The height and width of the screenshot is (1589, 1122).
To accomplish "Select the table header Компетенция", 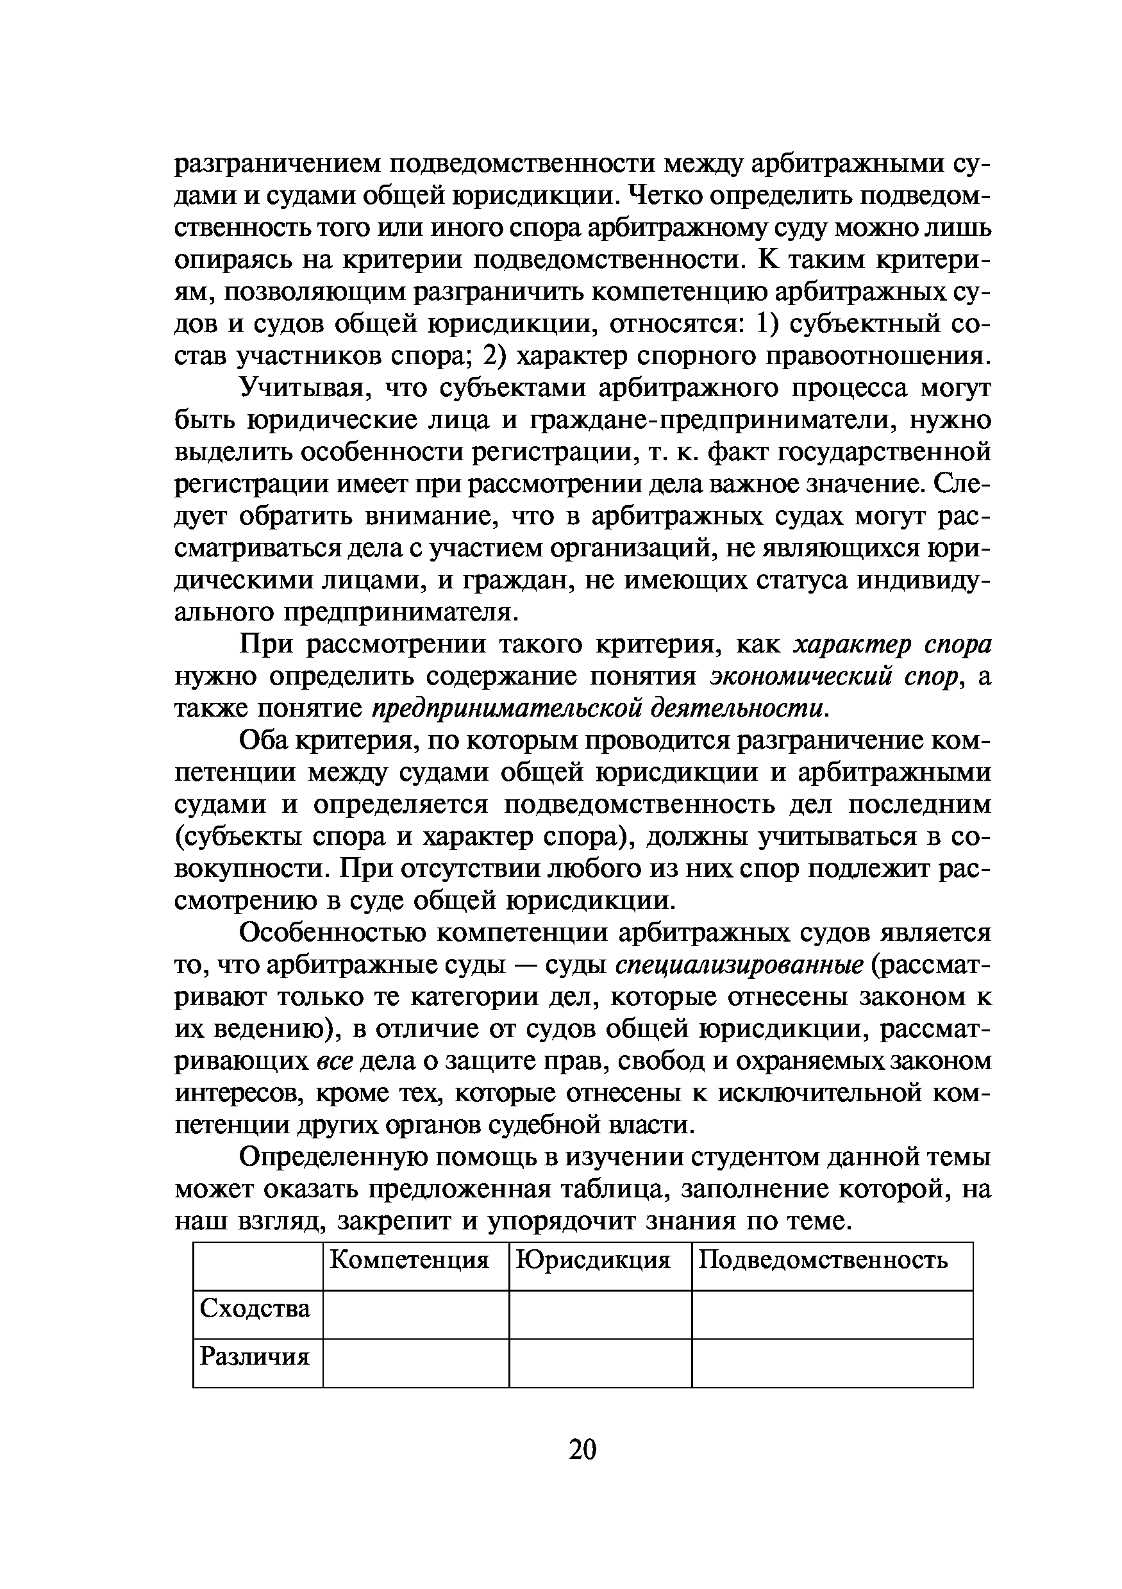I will pos(409,1259).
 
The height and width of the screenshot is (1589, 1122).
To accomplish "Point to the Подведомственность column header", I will pos(823,1259).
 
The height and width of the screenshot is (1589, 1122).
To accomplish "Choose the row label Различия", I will pos(255,1356).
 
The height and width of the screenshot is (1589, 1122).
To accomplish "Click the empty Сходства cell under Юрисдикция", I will pos(600,1314).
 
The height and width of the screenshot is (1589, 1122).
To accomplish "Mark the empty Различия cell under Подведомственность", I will pos(832,1363).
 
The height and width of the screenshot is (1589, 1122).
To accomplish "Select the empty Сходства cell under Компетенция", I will pos(416,1314).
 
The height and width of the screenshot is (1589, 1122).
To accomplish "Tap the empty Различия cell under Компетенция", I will pos(416,1363).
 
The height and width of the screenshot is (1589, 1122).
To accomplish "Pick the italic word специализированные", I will pos(739,965).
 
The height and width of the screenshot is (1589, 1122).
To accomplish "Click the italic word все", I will pos(335,1061).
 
